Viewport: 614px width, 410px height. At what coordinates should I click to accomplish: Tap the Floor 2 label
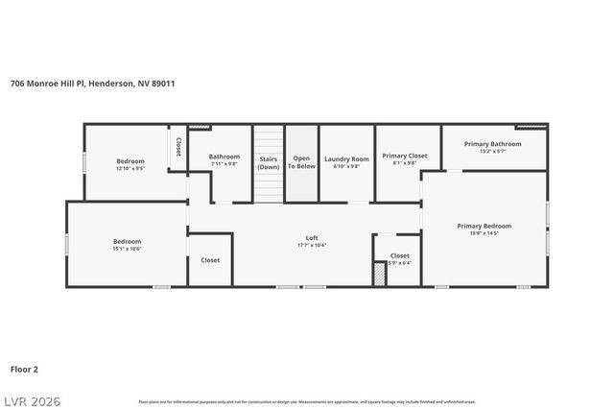click(25, 368)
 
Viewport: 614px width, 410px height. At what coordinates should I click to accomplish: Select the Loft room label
click(312, 238)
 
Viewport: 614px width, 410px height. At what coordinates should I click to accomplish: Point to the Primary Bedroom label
click(484, 226)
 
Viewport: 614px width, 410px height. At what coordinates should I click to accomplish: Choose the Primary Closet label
click(404, 156)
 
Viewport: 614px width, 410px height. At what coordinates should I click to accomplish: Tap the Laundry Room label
click(346, 159)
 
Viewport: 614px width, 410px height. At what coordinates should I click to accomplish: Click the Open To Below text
click(303, 161)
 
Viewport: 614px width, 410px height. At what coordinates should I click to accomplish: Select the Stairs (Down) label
click(268, 161)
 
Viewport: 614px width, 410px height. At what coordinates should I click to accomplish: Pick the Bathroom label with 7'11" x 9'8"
click(224, 157)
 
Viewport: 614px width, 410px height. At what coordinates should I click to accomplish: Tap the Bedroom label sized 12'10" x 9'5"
click(130, 160)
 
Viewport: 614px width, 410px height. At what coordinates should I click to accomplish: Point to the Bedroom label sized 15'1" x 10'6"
click(128, 241)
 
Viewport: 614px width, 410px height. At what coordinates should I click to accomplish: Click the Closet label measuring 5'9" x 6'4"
click(400, 256)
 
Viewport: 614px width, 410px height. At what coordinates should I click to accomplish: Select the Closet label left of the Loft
click(210, 260)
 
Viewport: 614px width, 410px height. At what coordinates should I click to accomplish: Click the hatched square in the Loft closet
click(380, 275)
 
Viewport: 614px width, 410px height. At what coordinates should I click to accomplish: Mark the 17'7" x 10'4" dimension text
click(312, 246)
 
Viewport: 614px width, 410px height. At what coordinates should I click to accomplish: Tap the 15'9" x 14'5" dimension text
click(484, 233)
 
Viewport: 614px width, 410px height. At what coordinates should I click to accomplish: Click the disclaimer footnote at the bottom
click(306, 401)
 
